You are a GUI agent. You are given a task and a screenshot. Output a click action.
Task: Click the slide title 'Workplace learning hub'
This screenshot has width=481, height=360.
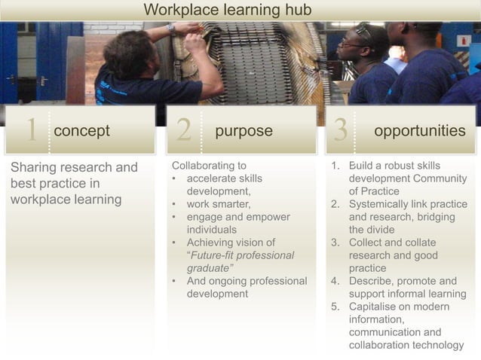point(227,10)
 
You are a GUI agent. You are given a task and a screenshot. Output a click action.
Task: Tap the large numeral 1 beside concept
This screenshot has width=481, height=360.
point(30,131)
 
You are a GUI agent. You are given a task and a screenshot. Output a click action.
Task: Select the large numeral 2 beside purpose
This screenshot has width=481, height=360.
point(183,131)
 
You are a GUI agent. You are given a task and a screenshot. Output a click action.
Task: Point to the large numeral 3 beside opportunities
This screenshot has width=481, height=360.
point(340,131)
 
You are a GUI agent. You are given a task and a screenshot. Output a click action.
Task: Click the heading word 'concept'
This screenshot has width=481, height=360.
point(81,131)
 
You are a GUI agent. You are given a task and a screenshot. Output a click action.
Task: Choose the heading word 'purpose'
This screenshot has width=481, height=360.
point(244,131)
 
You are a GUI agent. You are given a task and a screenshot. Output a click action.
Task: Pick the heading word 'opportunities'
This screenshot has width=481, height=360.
point(419,131)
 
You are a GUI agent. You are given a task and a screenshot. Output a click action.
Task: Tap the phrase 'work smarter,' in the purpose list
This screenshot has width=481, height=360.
point(219,204)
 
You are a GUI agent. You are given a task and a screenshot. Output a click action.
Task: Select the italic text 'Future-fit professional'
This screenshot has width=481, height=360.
point(241,255)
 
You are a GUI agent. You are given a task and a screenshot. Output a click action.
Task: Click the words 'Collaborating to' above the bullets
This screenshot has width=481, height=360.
point(209,166)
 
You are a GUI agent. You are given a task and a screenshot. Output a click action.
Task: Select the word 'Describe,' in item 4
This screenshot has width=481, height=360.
point(372,281)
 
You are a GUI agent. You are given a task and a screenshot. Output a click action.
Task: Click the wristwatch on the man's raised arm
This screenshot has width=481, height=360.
point(172,29)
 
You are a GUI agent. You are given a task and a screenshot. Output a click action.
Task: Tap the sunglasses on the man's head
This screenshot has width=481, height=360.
point(365,32)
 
